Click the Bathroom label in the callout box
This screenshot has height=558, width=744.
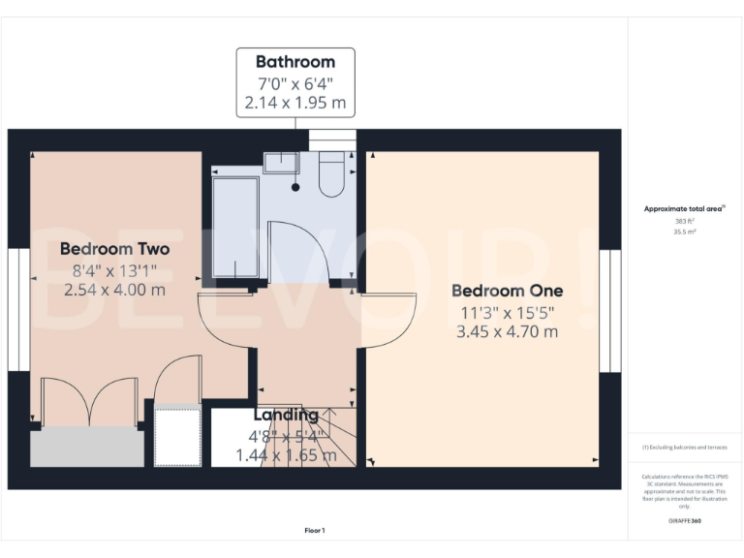[x=295, y=62]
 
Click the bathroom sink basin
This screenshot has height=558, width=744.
[x=282, y=161]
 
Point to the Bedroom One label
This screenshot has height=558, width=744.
[x=507, y=291]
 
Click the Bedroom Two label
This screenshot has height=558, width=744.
[x=114, y=249]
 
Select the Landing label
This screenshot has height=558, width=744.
[x=286, y=416]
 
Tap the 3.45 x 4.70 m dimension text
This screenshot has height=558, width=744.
[x=507, y=331]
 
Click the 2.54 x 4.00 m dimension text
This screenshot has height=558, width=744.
[x=114, y=289]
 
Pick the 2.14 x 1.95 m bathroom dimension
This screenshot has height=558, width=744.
[x=295, y=103]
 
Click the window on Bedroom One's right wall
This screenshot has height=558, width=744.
[x=609, y=310]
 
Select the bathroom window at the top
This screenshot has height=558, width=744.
[x=332, y=139]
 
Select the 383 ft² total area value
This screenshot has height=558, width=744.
[x=684, y=221]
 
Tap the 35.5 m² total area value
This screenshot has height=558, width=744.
[x=684, y=232]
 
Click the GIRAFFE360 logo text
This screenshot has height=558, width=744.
[x=684, y=521]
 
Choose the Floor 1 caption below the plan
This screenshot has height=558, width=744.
[x=315, y=530]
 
